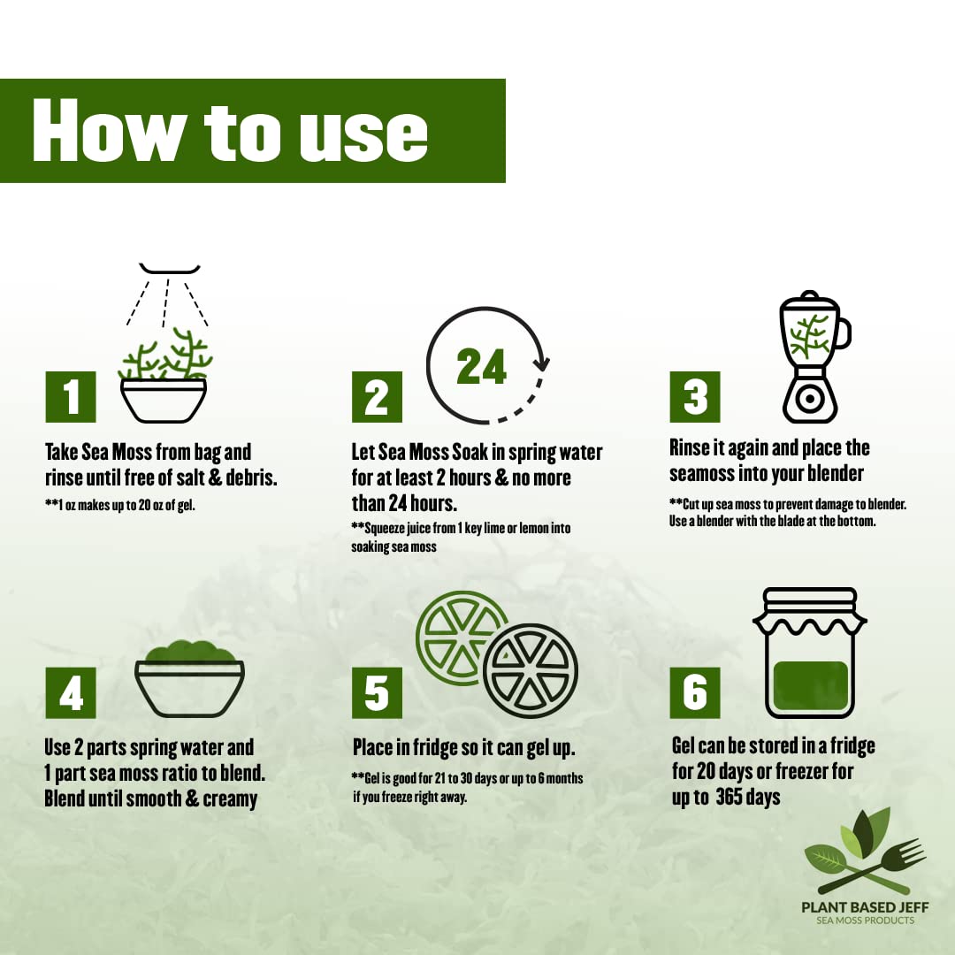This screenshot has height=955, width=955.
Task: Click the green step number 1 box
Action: (71, 396)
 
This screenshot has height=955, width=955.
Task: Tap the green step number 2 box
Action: (377, 396)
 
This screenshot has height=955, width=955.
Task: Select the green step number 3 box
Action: (695, 396)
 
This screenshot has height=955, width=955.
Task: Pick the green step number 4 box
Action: (71, 692)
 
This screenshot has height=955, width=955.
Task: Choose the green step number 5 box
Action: (377, 692)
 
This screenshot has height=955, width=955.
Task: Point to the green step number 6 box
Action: (695, 692)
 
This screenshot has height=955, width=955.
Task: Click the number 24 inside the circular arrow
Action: (481, 367)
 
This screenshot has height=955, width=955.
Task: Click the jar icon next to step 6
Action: (810, 653)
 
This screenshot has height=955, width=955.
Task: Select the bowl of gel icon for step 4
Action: (189, 678)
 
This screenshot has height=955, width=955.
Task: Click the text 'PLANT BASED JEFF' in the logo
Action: (865, 907)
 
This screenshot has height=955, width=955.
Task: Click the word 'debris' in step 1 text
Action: (250, 477)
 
